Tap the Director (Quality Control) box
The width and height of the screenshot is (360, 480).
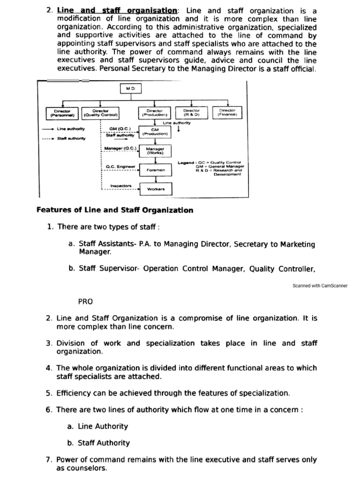(101, 113)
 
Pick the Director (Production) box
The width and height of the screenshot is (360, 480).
(155, 113)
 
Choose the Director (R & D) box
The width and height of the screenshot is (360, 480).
(191, 113)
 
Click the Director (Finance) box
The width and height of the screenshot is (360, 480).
(227, 113)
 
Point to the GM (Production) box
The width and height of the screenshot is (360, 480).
(155, 131)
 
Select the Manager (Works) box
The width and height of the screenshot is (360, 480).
(155, 151)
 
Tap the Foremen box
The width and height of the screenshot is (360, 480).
(156, 170)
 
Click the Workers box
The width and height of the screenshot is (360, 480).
(156, 189)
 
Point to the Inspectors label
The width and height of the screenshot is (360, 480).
(121, 186)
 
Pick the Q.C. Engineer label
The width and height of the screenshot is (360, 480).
(120, 166)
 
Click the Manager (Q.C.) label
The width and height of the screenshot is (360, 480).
(120, 148)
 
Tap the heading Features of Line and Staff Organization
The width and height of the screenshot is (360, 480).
(115, 210)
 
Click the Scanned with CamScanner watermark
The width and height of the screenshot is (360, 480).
(320, 285)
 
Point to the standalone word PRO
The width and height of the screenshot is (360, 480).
(85, 301)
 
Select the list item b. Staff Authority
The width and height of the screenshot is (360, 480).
(99, 442)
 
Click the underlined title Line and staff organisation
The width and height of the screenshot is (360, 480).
(117, 10)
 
